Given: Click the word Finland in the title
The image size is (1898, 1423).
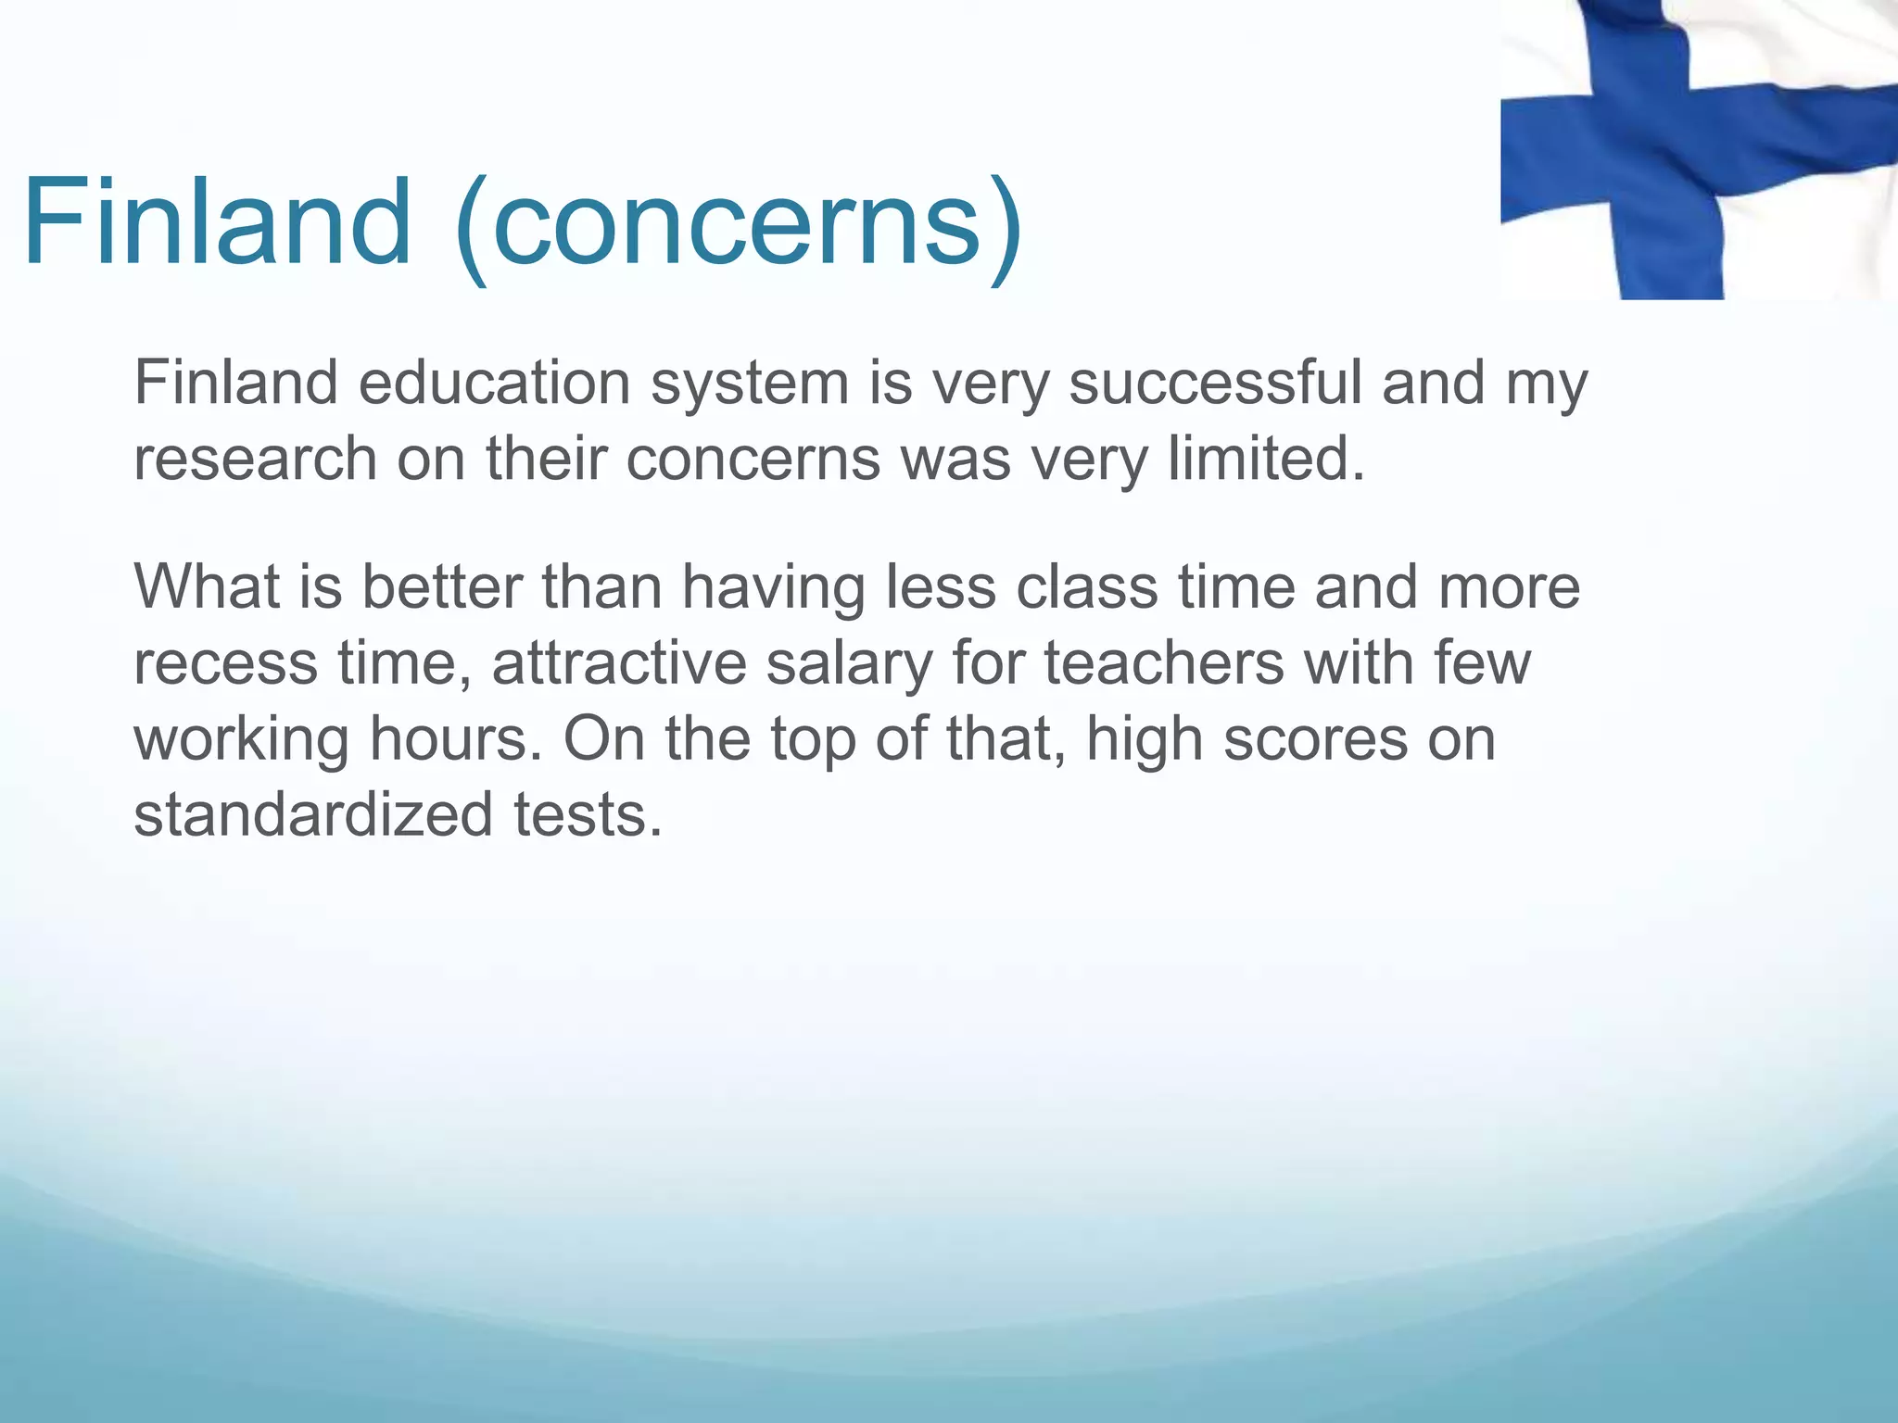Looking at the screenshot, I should tap(217, 222).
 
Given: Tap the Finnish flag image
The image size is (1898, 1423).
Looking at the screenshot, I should tap(1698, 148).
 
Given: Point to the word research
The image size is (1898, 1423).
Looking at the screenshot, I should tap(256, 460).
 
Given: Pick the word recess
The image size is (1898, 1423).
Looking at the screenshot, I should tap(225, 664).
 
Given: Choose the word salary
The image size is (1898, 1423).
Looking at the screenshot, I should tap(849, 664).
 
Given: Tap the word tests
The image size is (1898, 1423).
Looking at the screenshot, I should tap(588, 814).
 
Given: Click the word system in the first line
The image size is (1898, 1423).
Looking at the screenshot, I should tap(749, 384).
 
